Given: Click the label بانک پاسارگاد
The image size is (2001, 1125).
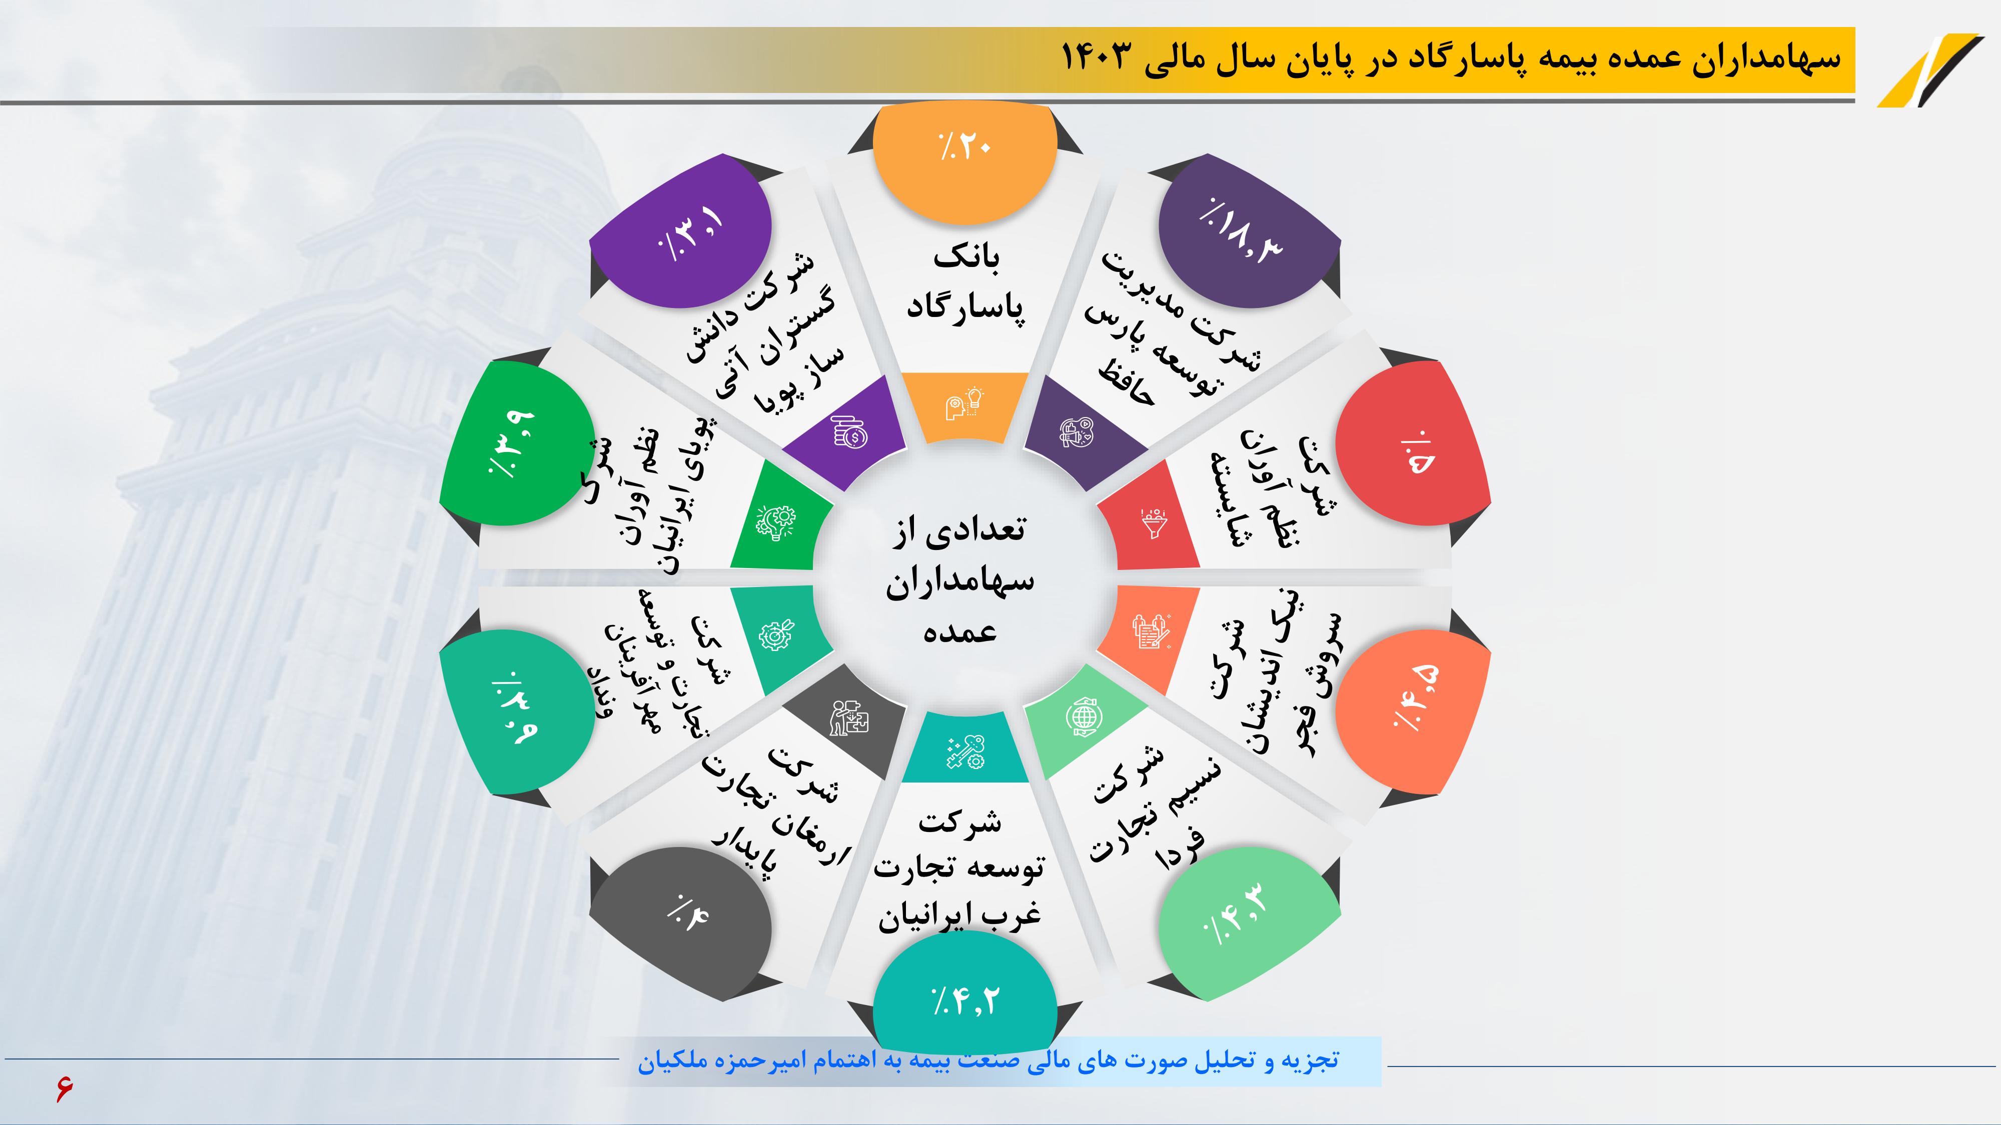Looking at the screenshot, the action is coord(965,283).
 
